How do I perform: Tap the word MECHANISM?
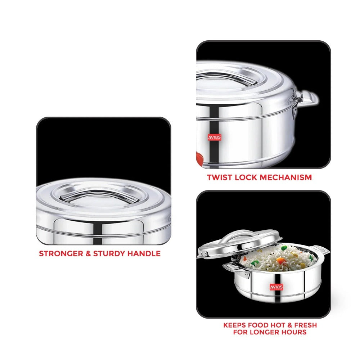286,177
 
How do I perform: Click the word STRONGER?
61,253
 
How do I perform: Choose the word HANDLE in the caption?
144,253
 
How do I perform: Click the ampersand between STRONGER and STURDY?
88,253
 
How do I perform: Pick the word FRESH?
306,325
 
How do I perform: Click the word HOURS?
295,332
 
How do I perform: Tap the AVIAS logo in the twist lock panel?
215,137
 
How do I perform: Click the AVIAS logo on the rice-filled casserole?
276,287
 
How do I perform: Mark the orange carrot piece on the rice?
280,261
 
